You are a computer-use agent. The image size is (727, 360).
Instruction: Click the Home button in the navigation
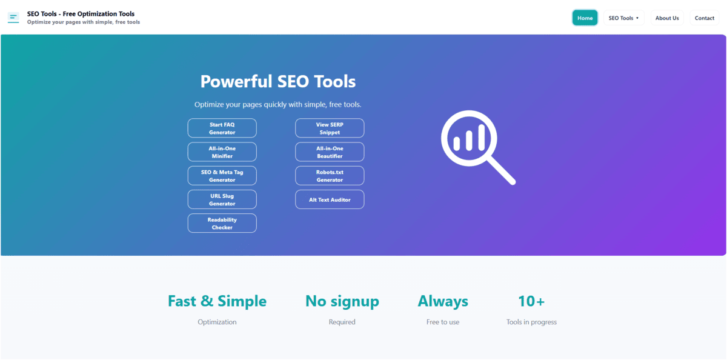click(585, 18)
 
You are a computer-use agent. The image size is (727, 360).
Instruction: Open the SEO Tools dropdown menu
click(623, 18)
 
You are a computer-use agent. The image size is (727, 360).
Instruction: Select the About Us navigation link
click(667, 18)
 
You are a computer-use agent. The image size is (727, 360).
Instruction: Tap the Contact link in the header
click(704, 18)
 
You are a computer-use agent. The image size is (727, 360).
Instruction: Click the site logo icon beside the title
click(13, 18)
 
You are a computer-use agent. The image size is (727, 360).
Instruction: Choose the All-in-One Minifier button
click(222, 152)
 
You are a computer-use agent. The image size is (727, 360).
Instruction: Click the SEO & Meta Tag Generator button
click(222, 176)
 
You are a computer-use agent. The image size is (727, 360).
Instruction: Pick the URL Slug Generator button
click(222, 199)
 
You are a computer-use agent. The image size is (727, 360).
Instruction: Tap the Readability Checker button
click(222, 223)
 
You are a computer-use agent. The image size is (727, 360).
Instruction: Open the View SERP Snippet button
click(330, 128)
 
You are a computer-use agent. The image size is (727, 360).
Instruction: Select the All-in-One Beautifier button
click(330, 152)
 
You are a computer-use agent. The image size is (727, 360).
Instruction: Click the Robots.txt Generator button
click(330, 176)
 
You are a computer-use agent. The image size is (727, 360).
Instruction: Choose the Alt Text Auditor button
click(330, 199)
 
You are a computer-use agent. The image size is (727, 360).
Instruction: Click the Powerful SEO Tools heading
click(278, 82)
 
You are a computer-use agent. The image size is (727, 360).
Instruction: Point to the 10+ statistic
click(531, 301)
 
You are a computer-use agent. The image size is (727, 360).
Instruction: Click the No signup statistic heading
click(342, 301)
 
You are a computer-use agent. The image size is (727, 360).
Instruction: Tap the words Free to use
click(443, 322)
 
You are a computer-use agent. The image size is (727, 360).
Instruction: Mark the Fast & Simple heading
click(217, 301)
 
